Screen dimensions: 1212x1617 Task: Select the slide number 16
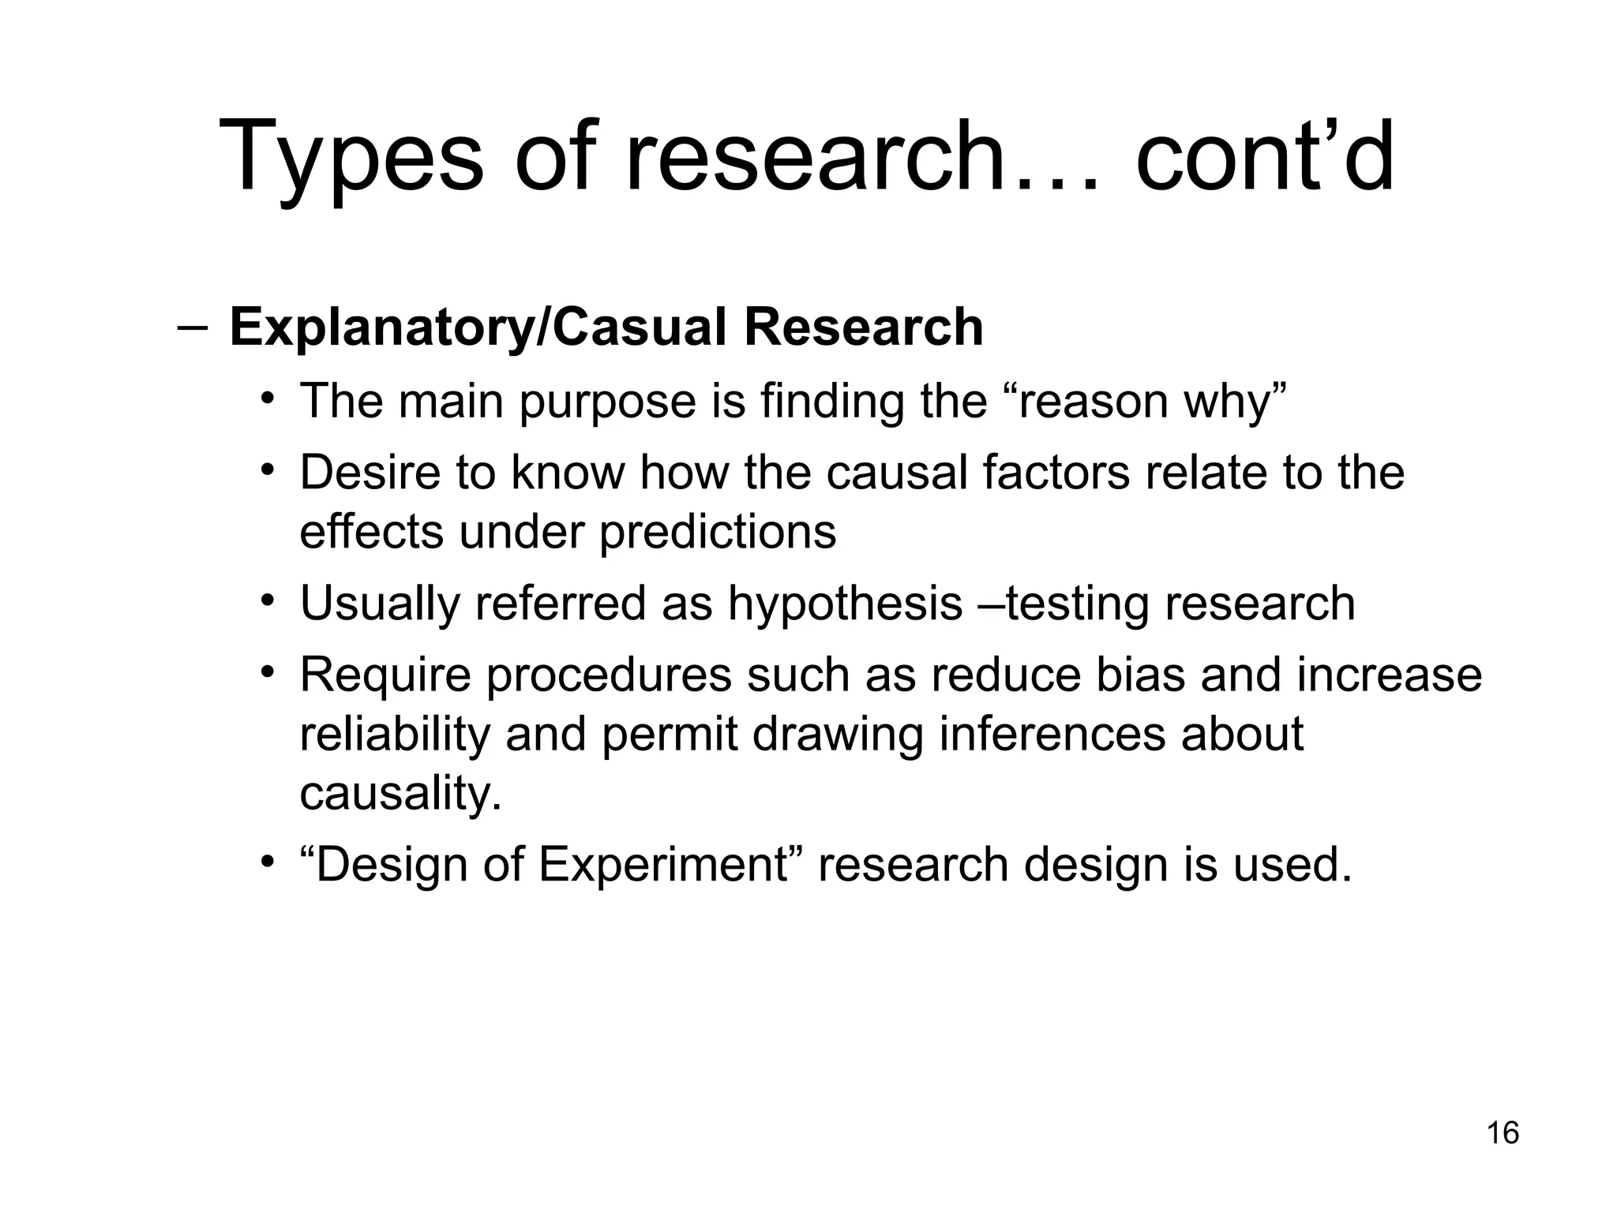coord(1503,1133)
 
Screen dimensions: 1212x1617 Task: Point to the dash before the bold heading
coord(193,328)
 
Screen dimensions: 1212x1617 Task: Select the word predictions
coord(718,532)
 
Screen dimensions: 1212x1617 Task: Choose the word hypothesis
coord(845,604)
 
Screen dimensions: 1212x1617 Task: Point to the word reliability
coord(395,735)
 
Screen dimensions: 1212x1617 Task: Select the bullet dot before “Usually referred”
coord(268,601)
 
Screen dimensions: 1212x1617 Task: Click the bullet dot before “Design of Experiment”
coord(268,862)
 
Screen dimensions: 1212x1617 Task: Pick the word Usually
coord(380,604)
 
